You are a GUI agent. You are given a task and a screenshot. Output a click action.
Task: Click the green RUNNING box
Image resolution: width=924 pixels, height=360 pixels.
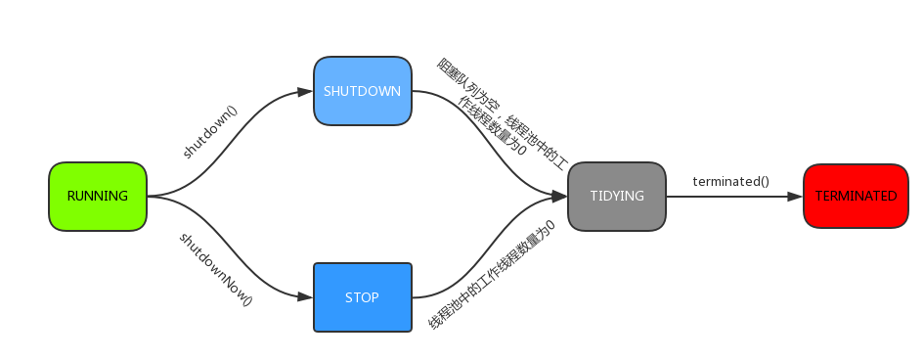(x=97, y=197)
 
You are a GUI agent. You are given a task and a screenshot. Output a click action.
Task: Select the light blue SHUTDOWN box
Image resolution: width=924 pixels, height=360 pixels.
(x=362, y=91)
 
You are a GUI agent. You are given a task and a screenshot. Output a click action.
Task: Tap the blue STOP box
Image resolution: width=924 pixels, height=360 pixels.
(x=362, y=297)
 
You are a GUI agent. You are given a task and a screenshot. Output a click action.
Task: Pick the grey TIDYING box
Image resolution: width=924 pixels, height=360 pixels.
(x=616, y=197)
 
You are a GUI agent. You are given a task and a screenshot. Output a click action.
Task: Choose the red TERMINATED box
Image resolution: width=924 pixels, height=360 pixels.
(x=856, y=197)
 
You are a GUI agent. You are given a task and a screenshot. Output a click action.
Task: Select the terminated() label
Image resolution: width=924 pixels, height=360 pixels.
(x=730, y=181)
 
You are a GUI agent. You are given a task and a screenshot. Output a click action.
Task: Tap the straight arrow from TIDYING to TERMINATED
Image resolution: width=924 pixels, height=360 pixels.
(x=733, y=197)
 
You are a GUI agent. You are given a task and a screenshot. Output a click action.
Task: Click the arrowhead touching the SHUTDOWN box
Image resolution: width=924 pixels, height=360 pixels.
(x=305, y=92)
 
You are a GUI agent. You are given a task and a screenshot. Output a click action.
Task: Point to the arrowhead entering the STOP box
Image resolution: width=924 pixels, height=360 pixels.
(x=305, y=297)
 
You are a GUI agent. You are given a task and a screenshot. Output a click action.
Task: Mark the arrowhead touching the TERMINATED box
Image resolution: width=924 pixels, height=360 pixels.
(x=795, y=197)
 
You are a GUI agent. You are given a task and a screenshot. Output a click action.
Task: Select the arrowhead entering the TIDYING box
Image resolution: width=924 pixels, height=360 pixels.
(x=560, y=197)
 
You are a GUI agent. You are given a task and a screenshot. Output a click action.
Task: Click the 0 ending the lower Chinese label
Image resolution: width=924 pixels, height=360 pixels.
(x=550, y=225)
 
